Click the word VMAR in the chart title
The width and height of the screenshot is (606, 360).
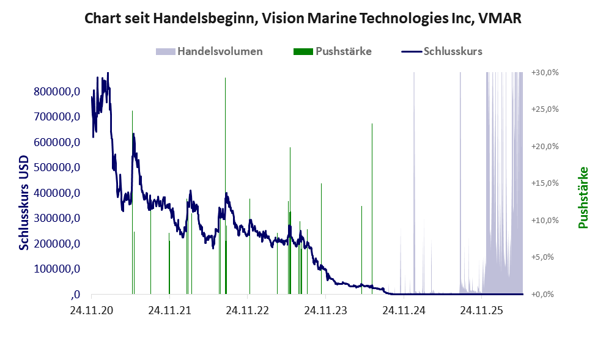pos(500,18)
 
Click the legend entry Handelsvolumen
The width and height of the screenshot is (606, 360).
pos(209,51)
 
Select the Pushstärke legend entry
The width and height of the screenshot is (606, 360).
pos(333,51)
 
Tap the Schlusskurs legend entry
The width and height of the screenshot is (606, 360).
pos(442,51)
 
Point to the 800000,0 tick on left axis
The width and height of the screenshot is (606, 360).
pos(57,92)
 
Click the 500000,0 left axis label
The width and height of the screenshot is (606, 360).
pos(57,167)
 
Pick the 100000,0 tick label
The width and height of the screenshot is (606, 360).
pos(57,269)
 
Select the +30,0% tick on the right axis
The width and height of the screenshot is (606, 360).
pos(545,73)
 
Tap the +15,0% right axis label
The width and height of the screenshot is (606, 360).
pos(545,183)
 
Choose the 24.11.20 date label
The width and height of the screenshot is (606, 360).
pos(92,310)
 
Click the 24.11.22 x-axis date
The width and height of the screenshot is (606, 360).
pos(247,310)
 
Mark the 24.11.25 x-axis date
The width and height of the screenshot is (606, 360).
pos(481,310)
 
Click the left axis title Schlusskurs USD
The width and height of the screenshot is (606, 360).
pos(24,203)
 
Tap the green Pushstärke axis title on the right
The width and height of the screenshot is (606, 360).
pos(583,198)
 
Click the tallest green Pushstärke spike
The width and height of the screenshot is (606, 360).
pos(225,186)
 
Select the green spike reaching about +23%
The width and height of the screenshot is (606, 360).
pos(372,209)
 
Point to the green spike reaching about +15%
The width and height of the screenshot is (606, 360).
pos(321,239)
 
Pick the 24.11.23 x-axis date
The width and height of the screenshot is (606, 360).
pos(325,310)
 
